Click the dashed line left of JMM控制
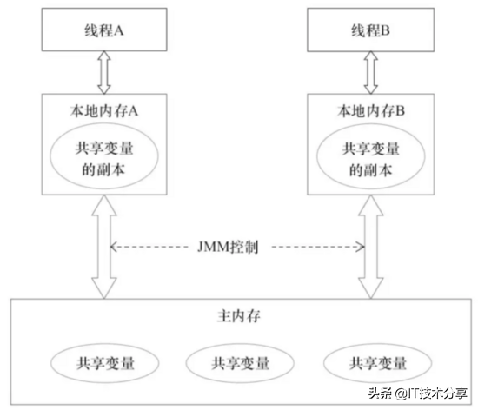161,248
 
